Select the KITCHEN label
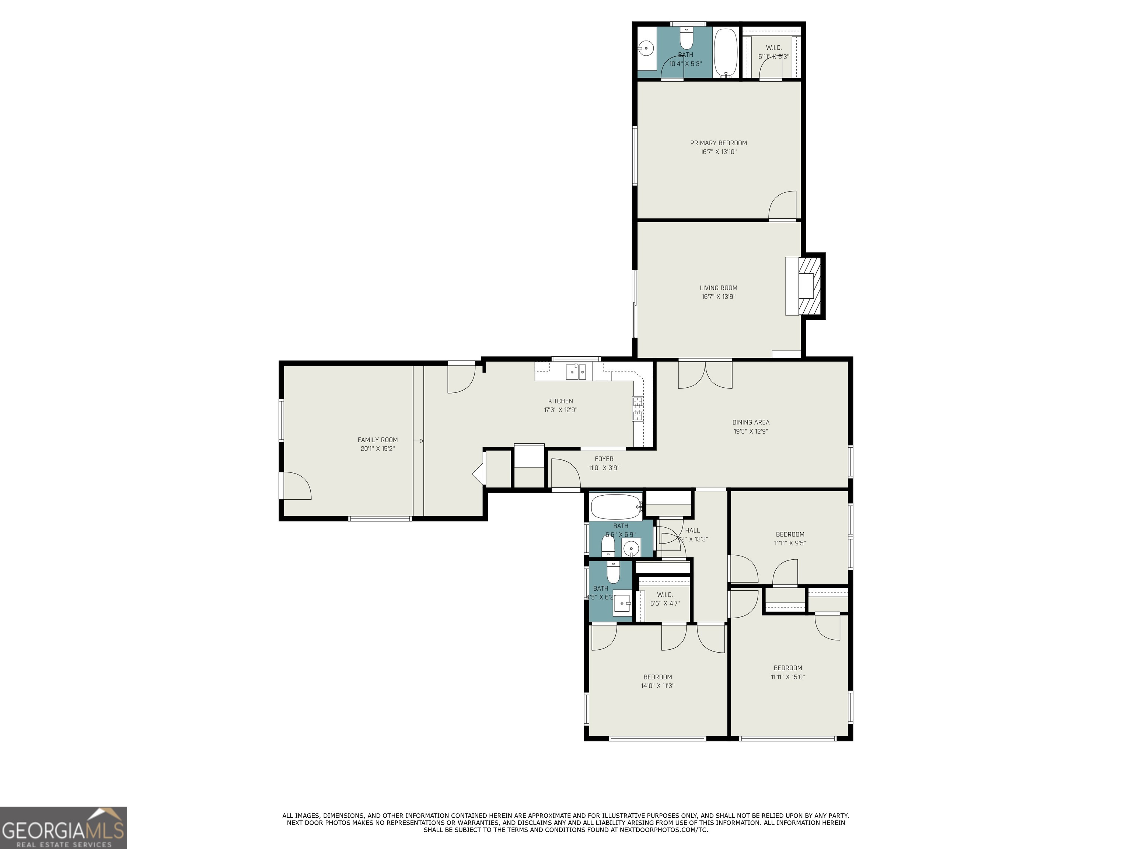[560, 401]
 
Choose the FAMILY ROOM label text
[377, 440]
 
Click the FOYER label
[604, 458]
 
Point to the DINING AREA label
[751, 422]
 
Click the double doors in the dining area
[705, 375]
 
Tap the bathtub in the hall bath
[616, 507]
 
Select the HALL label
[692, 530]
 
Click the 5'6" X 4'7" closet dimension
[664, 603]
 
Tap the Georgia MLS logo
[63, 828]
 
